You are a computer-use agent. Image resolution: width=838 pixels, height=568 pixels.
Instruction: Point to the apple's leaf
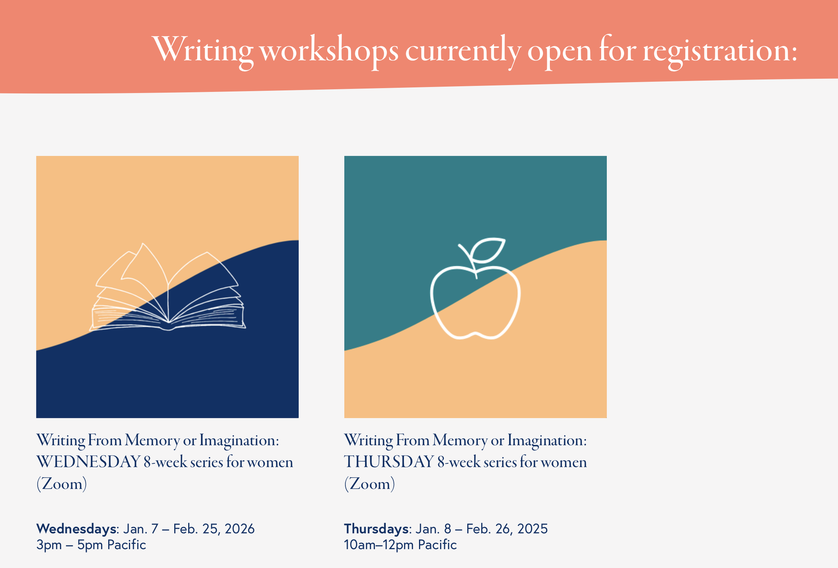[488, 250]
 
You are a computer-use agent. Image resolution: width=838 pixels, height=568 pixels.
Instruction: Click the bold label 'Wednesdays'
[76, 529]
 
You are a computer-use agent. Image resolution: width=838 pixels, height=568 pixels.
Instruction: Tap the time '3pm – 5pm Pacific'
[91, 545]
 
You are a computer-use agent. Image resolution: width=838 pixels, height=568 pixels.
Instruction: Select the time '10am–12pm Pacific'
[401, 545]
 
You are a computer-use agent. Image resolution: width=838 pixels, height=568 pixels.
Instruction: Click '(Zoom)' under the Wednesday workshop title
[62, 484]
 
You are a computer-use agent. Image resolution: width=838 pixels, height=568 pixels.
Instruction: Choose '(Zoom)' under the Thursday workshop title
[370, 484]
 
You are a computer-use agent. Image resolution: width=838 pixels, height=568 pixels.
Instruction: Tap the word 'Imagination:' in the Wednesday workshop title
[239, 441]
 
